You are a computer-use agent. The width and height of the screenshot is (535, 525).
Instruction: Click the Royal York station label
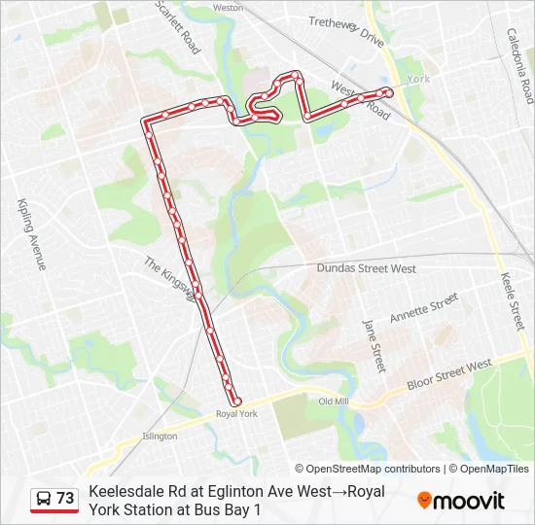236,413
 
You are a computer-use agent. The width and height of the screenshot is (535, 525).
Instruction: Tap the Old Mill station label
334,402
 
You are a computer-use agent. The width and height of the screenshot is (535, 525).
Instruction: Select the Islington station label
160,437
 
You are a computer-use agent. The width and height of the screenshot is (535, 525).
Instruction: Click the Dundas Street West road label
367,268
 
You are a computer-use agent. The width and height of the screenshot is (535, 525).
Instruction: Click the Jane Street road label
373,345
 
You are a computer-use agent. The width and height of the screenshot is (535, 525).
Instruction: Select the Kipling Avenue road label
31,233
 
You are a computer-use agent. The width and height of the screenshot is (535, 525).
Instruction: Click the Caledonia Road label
519,65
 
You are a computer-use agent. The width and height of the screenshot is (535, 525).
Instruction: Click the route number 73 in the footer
65,498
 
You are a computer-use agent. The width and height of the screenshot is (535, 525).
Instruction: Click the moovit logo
461,501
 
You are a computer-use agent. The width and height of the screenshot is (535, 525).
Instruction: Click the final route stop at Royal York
236,401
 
